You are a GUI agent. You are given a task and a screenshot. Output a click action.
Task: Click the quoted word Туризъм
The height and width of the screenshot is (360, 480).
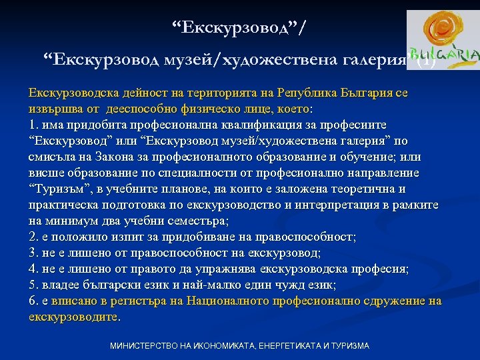point(61,189)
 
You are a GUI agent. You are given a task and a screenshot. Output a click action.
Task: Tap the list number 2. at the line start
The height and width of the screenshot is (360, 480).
point(34,237)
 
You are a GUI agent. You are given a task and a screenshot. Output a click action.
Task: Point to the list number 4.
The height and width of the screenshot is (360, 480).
point(34,269)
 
